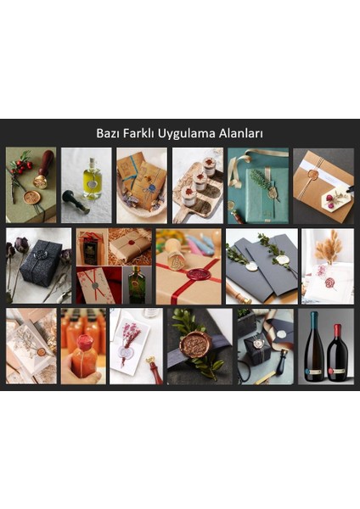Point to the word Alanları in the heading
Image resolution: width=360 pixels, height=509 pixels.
click(x=245, y=134)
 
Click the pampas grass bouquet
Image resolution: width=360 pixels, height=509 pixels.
click(x=329, y=247)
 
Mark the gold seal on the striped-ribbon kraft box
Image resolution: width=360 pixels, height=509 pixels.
click(x=313, y=176)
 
